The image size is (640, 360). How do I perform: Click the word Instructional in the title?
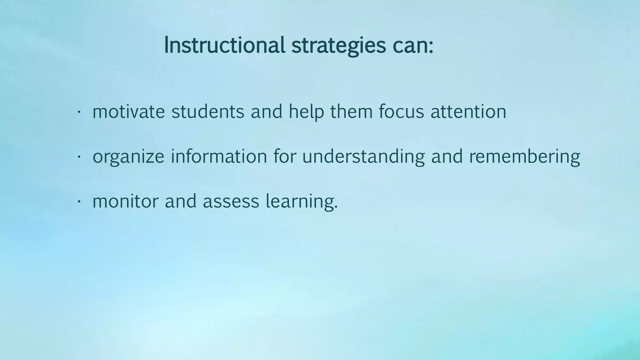tap(224, 45)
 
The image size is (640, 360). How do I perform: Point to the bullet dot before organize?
tap(79, 157)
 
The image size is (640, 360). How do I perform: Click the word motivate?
tap(128, 112)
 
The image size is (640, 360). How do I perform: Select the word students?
tap(207, 112)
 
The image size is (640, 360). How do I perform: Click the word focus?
tap(401, 112)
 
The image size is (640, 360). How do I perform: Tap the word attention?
tap(468, 112)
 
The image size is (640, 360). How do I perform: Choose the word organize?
tap(128, 157)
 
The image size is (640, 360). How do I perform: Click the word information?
tap(219, 156)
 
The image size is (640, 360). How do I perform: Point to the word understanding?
tap(363, 156)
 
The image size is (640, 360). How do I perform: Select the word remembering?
tap(524, 156)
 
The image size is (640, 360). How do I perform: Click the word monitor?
tap(125, 201)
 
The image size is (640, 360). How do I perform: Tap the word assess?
tap(231, 201)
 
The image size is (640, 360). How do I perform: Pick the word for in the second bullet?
tap(284, 156)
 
